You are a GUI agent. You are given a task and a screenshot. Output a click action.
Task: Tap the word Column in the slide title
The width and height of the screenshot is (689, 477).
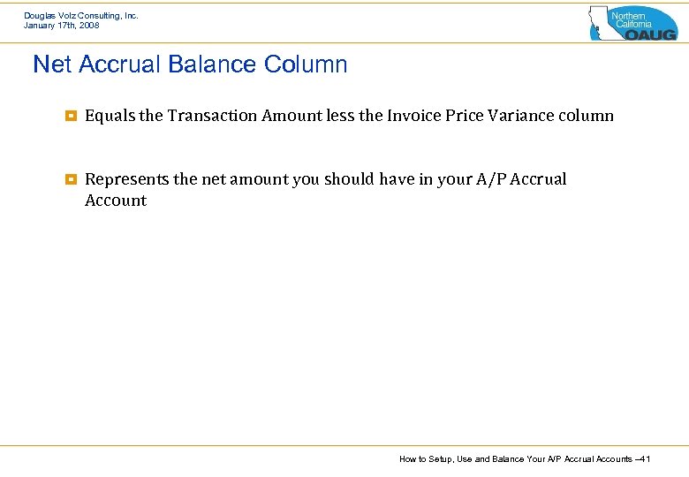[305, 64]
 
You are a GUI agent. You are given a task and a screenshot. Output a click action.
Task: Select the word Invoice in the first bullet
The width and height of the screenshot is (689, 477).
[414, 116]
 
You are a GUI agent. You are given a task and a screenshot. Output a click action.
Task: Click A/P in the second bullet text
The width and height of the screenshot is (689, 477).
[490, 179]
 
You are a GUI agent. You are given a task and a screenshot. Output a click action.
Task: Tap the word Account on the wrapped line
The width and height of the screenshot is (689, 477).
[116, 201]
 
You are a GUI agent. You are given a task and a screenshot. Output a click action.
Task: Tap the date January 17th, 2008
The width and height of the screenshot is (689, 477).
[62, 26]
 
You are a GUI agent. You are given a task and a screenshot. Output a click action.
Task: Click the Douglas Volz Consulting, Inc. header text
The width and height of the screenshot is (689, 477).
[81, 15]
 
